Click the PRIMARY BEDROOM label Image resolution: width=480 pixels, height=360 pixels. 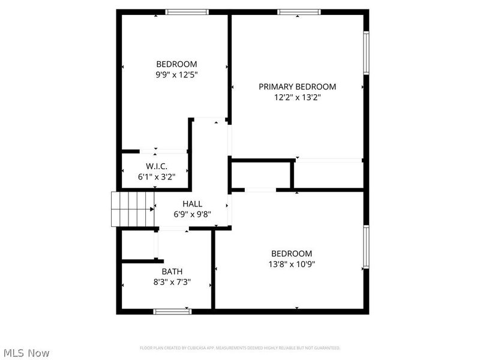click(297, 86)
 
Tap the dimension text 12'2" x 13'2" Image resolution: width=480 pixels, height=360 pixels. click(297, 97)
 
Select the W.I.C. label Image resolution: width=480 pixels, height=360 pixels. click(156, 166)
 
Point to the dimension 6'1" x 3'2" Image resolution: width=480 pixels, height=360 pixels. click(156, 177)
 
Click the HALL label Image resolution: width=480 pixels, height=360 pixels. click(192, 204)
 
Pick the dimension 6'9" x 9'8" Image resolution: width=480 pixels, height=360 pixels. click(192, 214)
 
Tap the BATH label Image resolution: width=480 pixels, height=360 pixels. click(172, 271)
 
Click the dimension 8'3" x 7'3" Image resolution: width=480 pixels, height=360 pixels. click(172, 281)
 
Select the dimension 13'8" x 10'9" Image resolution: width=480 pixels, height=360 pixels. click(292, 264)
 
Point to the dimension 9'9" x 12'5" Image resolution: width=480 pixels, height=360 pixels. click(176, 75)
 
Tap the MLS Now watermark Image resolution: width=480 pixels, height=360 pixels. click(26, 353)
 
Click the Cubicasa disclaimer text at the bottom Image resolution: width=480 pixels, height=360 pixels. click(240, 348)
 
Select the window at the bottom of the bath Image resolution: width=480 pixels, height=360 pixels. click(172, 311)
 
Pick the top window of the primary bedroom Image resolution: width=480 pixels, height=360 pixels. click(298, 11)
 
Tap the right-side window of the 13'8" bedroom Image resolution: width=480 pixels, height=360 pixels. click(366, 247)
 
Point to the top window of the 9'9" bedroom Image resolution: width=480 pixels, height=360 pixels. click(187, 11)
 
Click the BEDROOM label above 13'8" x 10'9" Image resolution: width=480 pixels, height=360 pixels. click(292, 253)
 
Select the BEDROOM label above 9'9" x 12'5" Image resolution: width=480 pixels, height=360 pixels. click(176, 64)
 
